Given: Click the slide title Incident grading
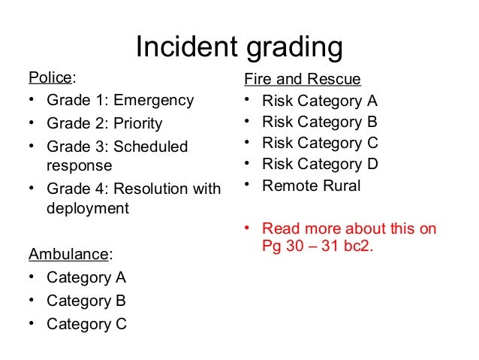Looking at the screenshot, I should [239, 48].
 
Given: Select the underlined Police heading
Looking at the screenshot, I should [51, 78].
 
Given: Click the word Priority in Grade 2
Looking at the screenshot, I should [136, 123].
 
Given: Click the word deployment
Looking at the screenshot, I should [88, 208].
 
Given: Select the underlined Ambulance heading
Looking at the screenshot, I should [68, 255].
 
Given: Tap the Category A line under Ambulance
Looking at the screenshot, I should [86, 277].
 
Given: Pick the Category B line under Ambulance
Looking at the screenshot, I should [86, 301].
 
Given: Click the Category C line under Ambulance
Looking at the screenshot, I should [86, 324].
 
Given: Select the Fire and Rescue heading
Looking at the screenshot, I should [303, 79].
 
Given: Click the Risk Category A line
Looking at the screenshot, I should [319, 101].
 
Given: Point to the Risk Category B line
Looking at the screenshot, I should [319, 122].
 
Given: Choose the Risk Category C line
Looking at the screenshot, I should [319, 143].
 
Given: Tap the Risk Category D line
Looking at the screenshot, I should [319, 164].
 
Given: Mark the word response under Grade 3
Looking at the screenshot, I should [79, 165].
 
